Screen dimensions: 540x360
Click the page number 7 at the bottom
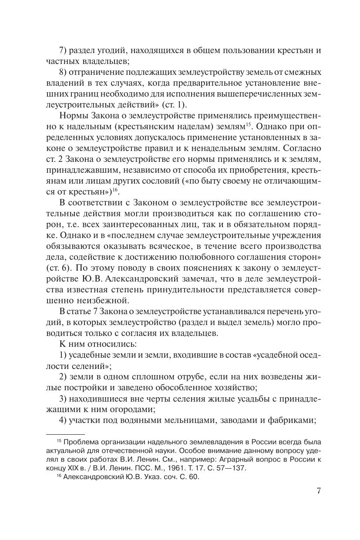319,491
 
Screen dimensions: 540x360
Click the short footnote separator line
65,434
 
